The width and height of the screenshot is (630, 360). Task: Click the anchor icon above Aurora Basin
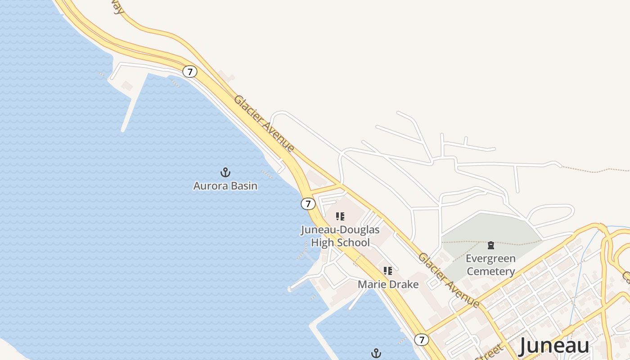[225, 172]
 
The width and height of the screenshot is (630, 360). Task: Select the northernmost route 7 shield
[190, 72]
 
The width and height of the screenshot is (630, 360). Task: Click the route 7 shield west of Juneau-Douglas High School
[308, 204]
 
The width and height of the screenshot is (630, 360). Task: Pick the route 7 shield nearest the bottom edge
[421, 340]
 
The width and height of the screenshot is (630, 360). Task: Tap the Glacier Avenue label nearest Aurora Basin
[264, 124]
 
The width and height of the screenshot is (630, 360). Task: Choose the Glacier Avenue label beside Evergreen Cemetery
[449, 280]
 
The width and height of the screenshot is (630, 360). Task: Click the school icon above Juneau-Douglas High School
[341, 216]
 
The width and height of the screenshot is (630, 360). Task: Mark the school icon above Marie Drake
[388, 271]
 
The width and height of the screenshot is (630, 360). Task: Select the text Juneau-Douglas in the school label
[340, 230]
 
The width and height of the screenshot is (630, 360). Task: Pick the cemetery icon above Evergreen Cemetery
[491, 245]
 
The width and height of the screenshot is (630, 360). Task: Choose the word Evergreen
[490, 259]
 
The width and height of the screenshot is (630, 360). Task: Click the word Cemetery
[490, 271]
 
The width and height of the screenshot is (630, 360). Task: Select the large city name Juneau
[554, 346]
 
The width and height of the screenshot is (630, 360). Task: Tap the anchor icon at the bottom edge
[376, 354]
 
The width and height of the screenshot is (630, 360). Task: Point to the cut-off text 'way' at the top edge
[118, 7]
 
